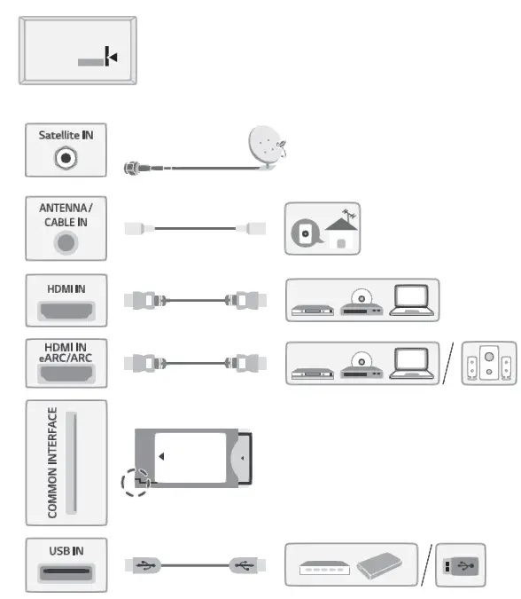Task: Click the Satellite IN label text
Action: click(65, 135)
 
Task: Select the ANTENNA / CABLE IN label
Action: click(66, 214)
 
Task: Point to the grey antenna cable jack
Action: click(66, 240)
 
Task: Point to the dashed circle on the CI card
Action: click(135, 484)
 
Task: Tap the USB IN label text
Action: click(66, 549)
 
